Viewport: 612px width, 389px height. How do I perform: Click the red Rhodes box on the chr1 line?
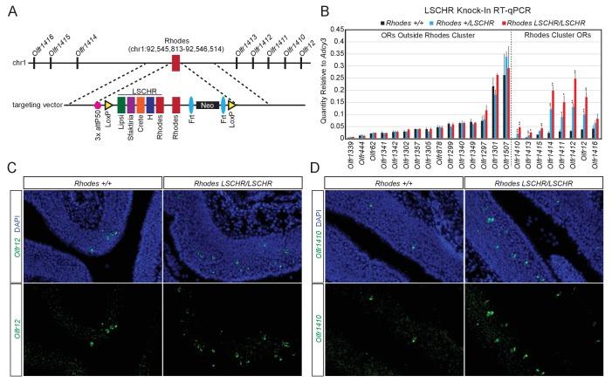tap(175, 63)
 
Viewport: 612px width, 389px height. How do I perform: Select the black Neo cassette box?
tap(208, 105)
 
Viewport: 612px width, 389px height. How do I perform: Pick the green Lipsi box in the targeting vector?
tap(121, 105)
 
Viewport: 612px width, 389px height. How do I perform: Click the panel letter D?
tap(315, 167)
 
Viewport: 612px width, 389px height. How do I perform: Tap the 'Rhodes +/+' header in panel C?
tap(92, 181)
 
